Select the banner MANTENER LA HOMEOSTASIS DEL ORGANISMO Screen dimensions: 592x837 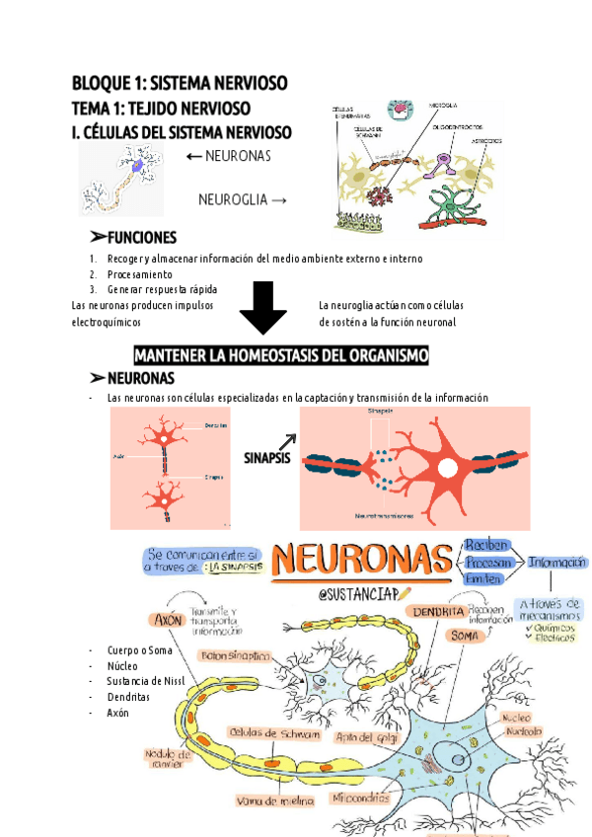281,355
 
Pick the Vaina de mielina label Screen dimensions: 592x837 267,800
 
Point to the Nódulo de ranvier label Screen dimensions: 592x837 168,757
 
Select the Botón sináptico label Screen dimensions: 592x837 236,655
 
